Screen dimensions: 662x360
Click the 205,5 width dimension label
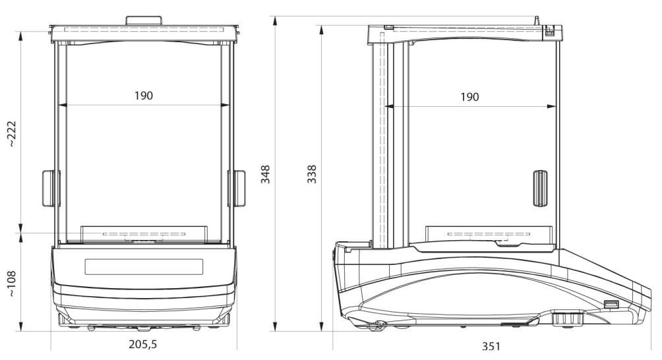pyautogui.click(x=142, y=344)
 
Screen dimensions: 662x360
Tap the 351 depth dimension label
pyautogui.click(x=491, y=347)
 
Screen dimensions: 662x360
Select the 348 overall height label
pyautogui.click(x=265, y=174)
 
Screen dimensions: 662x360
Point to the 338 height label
pyautogui.click(x=312, y=174)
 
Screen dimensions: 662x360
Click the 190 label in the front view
pyautogui.click(x=144, y=96)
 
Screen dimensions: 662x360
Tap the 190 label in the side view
pyautogui.click(x=469, y=97)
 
